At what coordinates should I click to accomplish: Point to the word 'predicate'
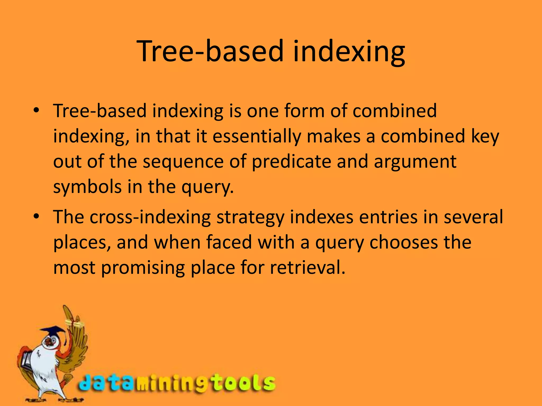tap(291, 162)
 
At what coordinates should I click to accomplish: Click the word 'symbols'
tap(87, 187)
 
